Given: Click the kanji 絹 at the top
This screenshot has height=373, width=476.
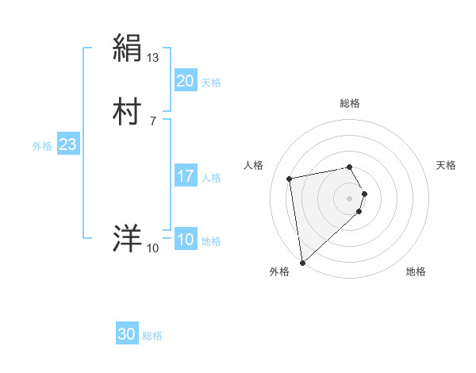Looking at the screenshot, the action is pos(128,48).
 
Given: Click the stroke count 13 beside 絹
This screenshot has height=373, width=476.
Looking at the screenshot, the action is pos(153,57).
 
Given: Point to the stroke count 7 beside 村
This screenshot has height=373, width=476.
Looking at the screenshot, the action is pos(153,121).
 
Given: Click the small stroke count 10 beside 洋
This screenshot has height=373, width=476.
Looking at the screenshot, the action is pos(153,248).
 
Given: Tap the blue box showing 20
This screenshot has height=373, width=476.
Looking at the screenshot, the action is pos(185,81).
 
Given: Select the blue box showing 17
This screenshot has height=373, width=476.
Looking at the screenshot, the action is pos(185,176).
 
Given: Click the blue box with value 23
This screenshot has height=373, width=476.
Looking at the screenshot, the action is pos(68,144).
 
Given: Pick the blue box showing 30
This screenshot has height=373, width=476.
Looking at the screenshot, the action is pos(127,335).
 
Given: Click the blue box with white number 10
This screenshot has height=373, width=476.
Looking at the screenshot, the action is pos(185,240).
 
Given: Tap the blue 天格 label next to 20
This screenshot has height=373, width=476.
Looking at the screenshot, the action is pos(211,82).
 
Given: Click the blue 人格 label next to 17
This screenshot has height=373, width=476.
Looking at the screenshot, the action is pos(211,177).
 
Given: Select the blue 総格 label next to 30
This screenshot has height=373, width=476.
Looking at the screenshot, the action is pos(152,336).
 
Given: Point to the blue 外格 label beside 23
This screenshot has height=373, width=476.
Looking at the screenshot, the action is pos(42,145).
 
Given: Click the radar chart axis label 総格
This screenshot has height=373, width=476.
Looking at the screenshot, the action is pos(350,103).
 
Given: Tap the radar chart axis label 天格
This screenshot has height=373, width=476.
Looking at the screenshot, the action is pos(446,165).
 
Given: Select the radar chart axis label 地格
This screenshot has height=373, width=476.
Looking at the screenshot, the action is pos(416,271).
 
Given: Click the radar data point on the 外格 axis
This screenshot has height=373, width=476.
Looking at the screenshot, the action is pos(302,262).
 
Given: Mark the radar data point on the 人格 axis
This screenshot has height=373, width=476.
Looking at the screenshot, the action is pos(290,178).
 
